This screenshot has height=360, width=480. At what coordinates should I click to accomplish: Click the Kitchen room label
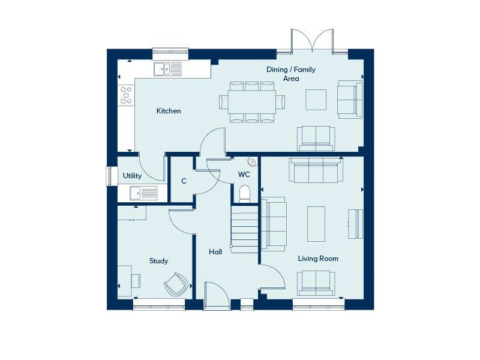169,111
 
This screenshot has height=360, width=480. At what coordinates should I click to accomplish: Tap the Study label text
158,261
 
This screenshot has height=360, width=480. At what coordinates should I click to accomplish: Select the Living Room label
318,259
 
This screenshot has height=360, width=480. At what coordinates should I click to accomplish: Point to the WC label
244,175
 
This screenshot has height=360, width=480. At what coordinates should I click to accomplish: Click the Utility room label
132,176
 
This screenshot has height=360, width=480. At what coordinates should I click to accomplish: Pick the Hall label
215,252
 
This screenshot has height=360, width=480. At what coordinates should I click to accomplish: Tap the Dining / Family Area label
291,74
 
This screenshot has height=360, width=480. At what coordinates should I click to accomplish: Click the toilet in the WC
244,193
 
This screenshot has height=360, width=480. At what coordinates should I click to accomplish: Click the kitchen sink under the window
167,70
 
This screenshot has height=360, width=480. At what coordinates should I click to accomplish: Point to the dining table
251,101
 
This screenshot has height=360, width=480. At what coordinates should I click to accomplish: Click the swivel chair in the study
176,284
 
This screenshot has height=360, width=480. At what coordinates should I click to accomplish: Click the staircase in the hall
244,229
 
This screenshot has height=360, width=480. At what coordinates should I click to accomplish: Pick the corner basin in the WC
252,161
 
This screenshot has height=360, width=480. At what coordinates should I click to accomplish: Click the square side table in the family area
316,100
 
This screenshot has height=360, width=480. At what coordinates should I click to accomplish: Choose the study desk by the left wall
125,281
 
